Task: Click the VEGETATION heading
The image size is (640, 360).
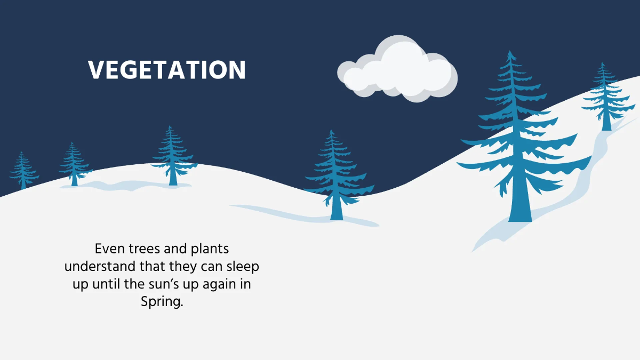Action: [166, 69]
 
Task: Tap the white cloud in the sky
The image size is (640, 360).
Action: [397, 69]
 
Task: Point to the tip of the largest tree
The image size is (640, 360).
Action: [510, 51]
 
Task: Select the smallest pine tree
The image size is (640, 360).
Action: [23, 170]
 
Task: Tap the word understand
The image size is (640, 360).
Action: [100, 266]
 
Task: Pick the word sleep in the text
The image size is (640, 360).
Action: [243, 267]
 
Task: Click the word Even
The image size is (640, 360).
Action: [110, 249]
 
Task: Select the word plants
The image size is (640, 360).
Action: [210, 249]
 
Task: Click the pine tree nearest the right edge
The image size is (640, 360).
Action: [606, 97]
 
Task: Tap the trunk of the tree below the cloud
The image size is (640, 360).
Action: [337, 208]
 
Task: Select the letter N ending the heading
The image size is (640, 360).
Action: [237, 69]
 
